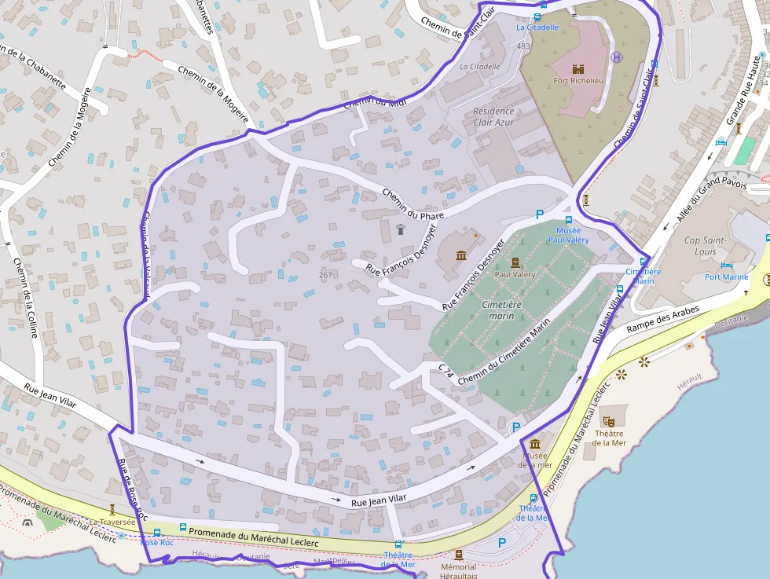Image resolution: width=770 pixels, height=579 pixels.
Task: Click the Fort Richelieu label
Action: point(577,80)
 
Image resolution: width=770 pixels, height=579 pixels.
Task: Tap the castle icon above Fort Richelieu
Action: point(578,68)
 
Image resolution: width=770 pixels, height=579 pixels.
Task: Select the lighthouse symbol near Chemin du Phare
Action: point(400,229)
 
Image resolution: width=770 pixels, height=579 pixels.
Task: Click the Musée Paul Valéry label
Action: point(568,235)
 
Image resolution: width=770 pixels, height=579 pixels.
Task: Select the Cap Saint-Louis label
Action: point(705,246)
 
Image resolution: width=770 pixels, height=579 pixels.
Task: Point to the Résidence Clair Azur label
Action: point(494,117)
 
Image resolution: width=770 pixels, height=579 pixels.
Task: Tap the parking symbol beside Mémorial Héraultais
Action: point(502,542)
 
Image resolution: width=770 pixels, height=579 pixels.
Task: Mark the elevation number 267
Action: point(326,274)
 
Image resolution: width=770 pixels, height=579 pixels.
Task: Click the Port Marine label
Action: point(726,277)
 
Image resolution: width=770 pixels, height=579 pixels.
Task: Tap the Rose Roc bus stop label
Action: point(156,542)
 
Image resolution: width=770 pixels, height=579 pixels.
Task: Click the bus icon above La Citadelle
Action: point(537,16)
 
